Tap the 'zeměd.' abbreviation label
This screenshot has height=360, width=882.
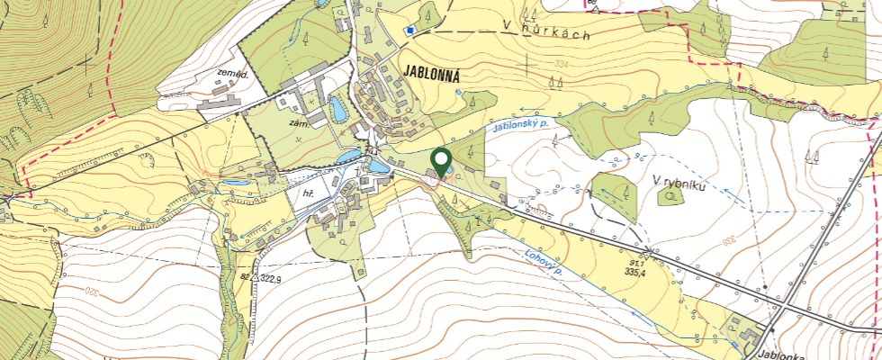pos(231,76)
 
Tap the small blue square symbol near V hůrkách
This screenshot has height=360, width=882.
pos(409,31)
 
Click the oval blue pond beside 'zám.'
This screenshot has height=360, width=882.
pos(337,110)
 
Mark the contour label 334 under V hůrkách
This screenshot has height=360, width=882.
pos(563,65)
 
